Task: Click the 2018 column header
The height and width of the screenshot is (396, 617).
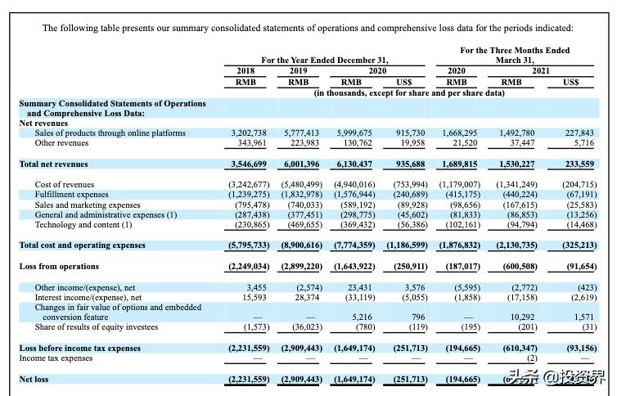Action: click(x=245, y=71)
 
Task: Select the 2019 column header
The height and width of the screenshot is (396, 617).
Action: click(x=298, y=71)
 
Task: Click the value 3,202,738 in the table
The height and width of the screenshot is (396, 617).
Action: click(x=249, y=133)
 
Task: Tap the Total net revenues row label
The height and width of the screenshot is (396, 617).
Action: click(x=54, y=164)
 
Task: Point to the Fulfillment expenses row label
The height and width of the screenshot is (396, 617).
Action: click(x=71, y=195)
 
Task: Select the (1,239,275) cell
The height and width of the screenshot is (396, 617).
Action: click(x=247, y=195)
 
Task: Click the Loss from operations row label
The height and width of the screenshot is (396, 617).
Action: click(x=59, y=267)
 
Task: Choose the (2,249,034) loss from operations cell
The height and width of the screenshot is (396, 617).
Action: click(x=248, y=267)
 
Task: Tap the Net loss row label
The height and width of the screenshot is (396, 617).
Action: click(x=34, y=380)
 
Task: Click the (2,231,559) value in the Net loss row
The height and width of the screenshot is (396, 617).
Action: click(x=248, y=380)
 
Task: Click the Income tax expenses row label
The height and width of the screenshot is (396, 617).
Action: click(x=56, y=358)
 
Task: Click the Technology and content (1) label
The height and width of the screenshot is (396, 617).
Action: click(x=83, y=224)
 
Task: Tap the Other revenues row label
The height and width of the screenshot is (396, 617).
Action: click(x=63, y=142)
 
